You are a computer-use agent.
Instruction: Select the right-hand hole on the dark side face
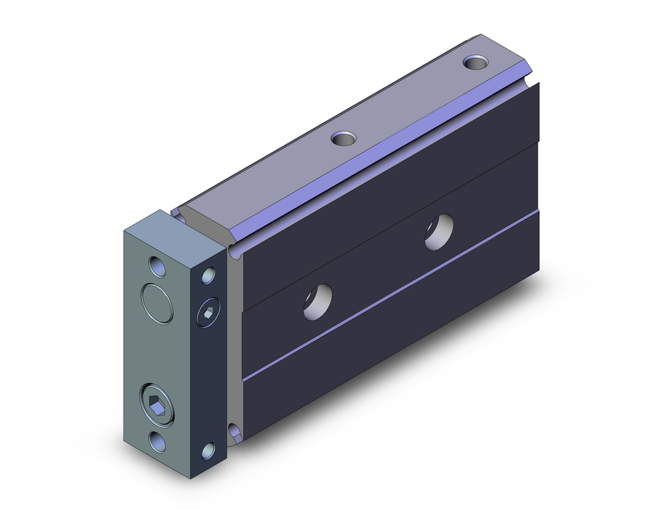[439, 233]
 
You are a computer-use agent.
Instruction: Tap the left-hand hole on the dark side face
[317, 300]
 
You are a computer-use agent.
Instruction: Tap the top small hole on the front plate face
[157, 266]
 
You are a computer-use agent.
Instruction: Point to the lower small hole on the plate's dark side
[209, 451]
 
